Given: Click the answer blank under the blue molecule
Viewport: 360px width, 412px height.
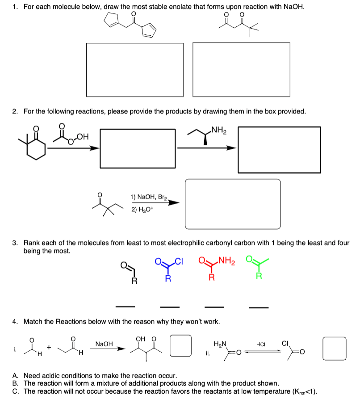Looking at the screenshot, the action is [x=170, y=307].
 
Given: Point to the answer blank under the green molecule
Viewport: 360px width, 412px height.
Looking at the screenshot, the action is [x=259, y=307].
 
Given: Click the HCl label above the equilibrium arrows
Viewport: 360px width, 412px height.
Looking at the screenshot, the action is [x=261, y=344].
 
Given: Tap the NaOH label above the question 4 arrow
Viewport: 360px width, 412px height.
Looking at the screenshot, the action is [x=104, y=344].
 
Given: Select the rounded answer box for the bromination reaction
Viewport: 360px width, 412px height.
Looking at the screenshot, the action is [x=233, y=204].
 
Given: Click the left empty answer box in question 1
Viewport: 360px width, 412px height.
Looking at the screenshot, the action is [x=135, y=70].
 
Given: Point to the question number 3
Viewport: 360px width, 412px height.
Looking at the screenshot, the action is [x=15, y=243].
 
